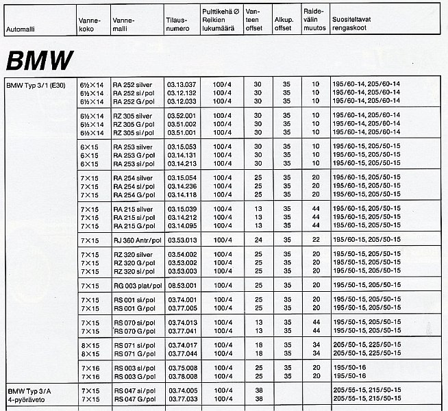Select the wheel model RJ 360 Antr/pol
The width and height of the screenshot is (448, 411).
(137, 240)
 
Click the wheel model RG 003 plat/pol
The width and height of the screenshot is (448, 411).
(137, 285)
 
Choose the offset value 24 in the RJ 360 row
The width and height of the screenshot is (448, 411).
(258, 240)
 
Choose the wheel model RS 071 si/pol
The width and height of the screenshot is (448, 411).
(134, 345)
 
